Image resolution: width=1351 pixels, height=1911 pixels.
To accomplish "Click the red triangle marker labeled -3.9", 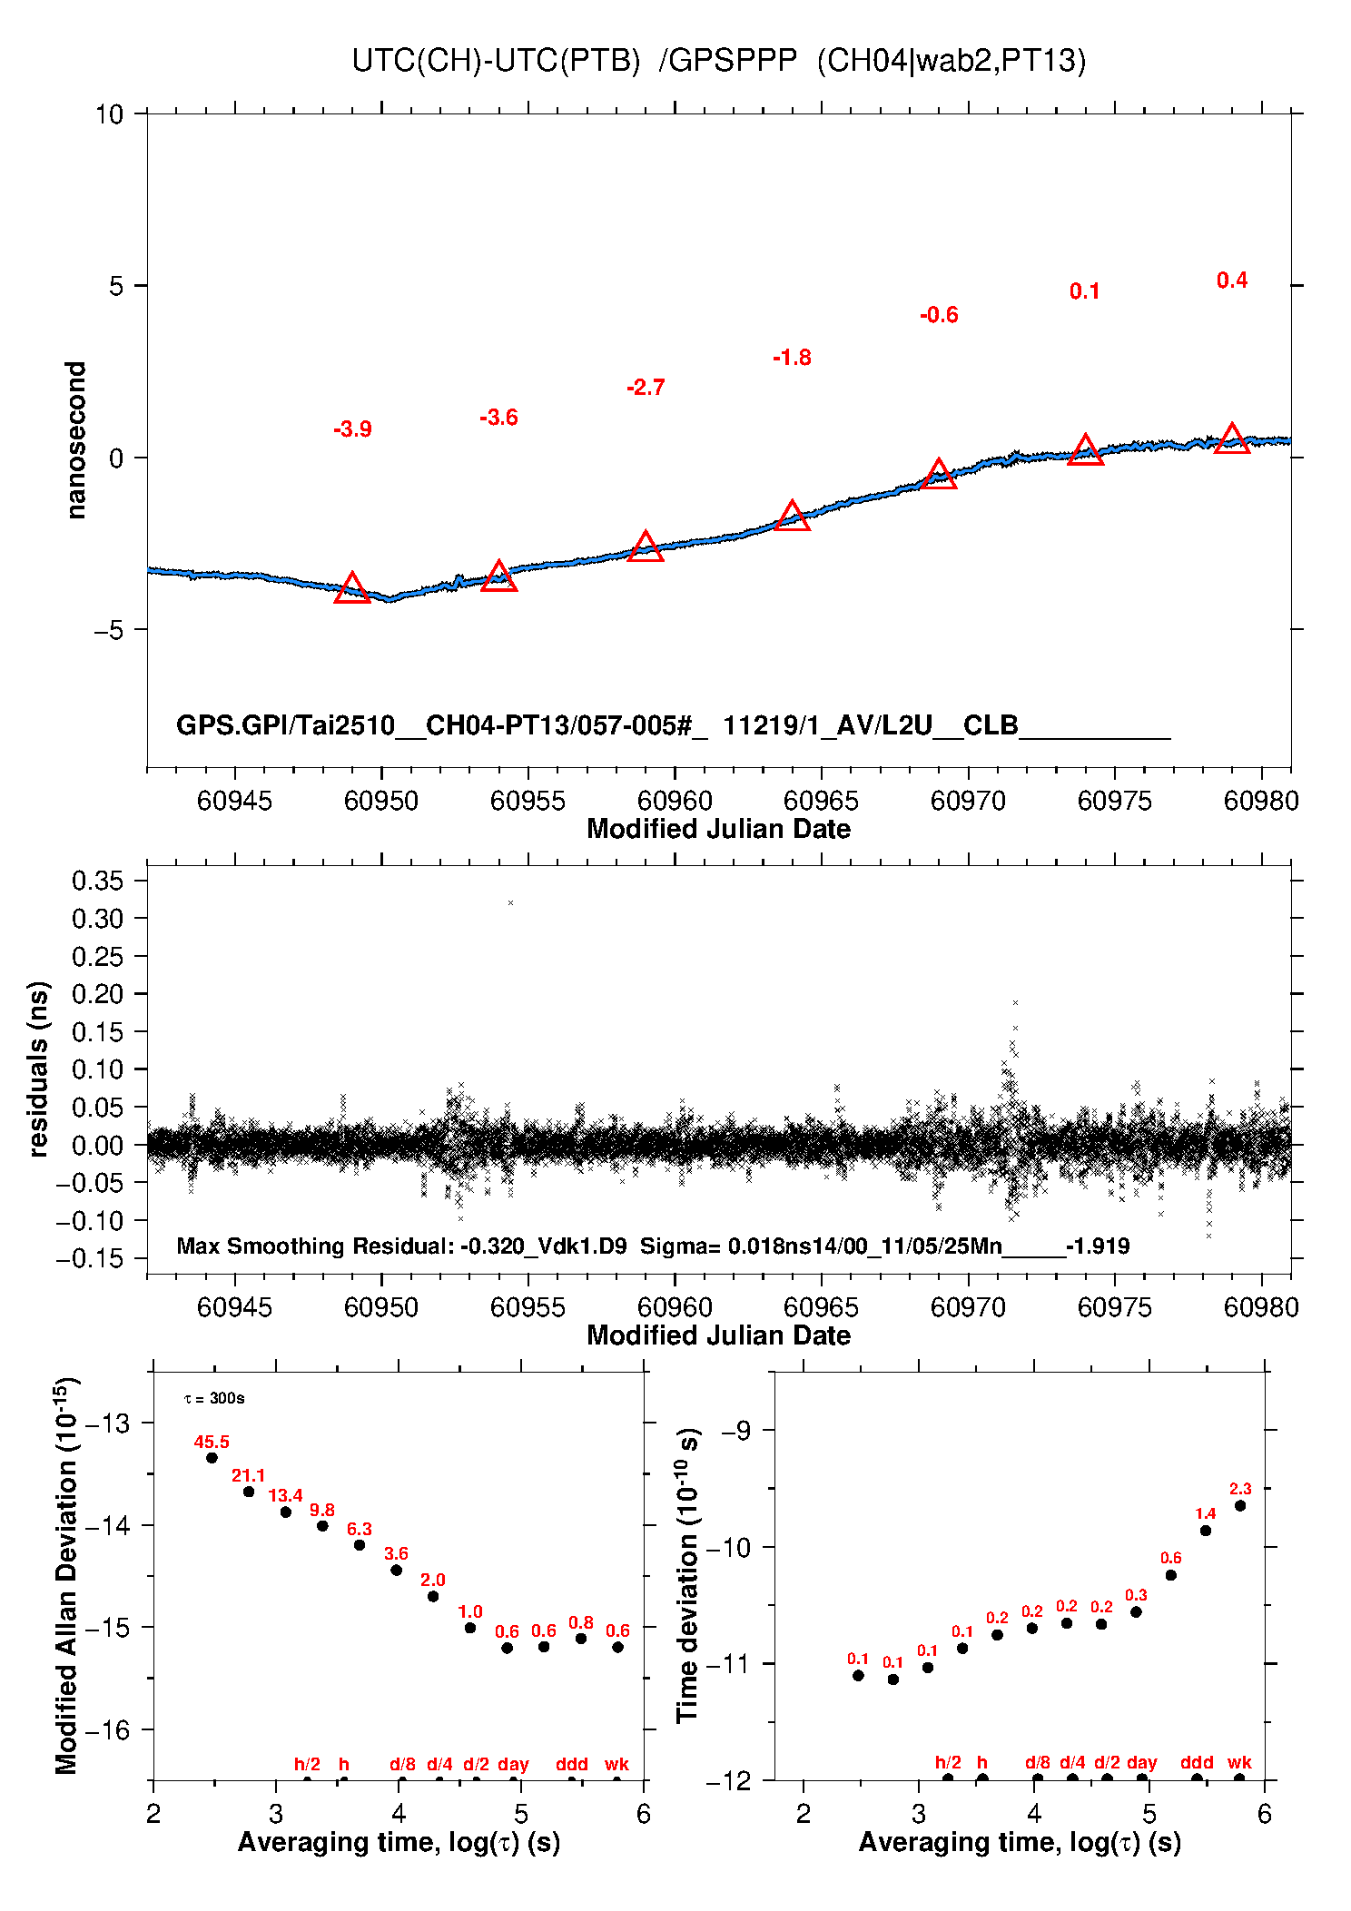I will tap(352, 589).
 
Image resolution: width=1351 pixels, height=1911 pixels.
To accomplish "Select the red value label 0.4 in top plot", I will tap(1232, 281).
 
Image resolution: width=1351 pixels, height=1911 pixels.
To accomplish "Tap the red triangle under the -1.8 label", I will tap(793, 517).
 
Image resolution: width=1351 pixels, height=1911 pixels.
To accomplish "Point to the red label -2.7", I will tap(646, 388).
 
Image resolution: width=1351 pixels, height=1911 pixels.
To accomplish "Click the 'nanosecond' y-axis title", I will tap(76, 439).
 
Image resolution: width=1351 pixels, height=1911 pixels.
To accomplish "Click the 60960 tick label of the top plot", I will tap(675, 801).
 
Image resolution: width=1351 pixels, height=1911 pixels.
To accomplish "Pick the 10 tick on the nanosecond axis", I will tap(109, 114).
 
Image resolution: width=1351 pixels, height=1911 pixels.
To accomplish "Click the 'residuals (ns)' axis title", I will tap(38, 1069).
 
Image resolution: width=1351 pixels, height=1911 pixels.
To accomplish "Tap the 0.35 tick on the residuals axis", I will tap(97, 881).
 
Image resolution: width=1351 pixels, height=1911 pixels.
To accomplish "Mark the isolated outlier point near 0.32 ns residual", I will tap(511, 903).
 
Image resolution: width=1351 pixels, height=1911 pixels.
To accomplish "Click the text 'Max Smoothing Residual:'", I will tap(315, 1246).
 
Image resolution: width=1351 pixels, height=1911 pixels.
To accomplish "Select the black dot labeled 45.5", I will tap(212, 1458).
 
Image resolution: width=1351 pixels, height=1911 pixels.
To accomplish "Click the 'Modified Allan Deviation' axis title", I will tap(66, 1576).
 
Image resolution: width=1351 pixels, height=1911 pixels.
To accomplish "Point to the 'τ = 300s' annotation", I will tap(214, 1398).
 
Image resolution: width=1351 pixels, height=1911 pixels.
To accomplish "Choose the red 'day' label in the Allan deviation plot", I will tap(513, 1764).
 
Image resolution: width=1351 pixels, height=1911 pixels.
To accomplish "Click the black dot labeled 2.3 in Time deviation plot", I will tap(1240, 1506).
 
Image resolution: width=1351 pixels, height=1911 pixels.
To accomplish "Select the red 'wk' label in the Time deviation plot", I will tap(1239, 1763).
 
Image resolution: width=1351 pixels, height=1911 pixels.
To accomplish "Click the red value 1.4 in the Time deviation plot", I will tap(1205, 1513).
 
